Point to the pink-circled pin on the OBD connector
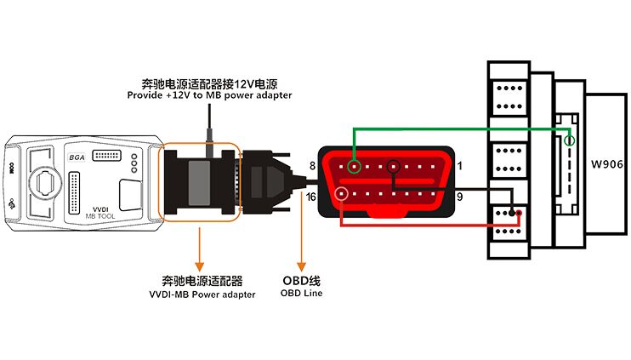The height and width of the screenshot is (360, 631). (342, 195)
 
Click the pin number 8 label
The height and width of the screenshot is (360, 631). (313, 166)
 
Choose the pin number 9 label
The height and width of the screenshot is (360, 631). (459, 197)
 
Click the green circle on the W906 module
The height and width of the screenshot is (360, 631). (570, 140)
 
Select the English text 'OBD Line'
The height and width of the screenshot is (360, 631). (301, 294)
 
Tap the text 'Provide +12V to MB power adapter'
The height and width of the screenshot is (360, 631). (209, 95)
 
